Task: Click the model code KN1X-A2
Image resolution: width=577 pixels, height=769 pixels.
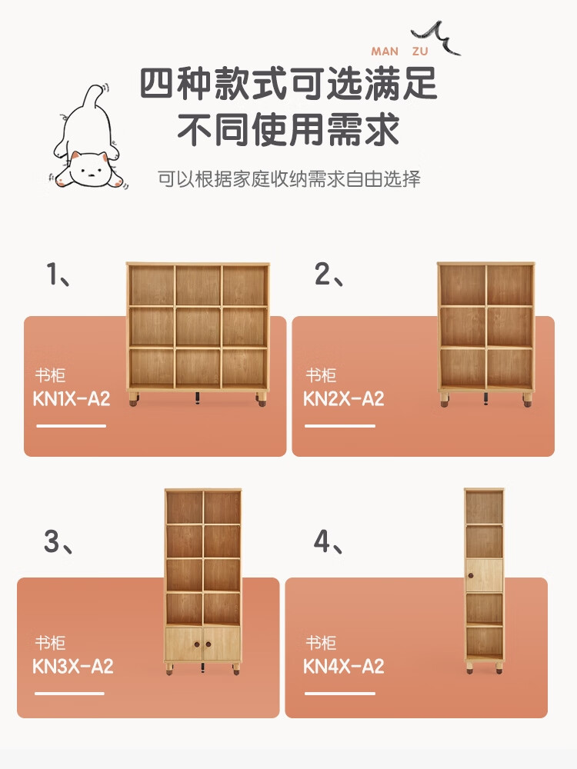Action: point(71,398)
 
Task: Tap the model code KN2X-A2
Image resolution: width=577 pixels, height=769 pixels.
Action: point(343,398)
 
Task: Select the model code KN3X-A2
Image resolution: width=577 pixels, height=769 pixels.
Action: point(72,666)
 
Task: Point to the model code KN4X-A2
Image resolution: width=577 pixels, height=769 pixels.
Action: point(343,666)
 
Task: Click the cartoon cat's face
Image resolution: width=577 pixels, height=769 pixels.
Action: point(88,169)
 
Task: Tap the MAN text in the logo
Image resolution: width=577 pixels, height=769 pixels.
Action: point(385,52)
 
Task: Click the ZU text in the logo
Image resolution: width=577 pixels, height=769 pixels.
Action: point(420,52)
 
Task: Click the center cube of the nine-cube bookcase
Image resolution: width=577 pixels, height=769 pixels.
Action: point(198,327)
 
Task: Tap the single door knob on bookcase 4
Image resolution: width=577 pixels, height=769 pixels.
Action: point(471,574)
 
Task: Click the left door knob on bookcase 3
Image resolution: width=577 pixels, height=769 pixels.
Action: point(197,644)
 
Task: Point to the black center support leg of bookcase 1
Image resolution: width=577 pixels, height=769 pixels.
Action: point(198,398)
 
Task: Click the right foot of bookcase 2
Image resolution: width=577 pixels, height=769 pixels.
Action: point(527,400)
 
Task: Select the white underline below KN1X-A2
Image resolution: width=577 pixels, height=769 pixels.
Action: point(71,426)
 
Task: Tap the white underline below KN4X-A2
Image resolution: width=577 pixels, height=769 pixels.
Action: point(339,693)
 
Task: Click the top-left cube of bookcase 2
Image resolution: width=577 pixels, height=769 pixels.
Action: point(462,285)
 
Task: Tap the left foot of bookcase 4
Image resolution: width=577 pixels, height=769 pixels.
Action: point(469,667)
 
